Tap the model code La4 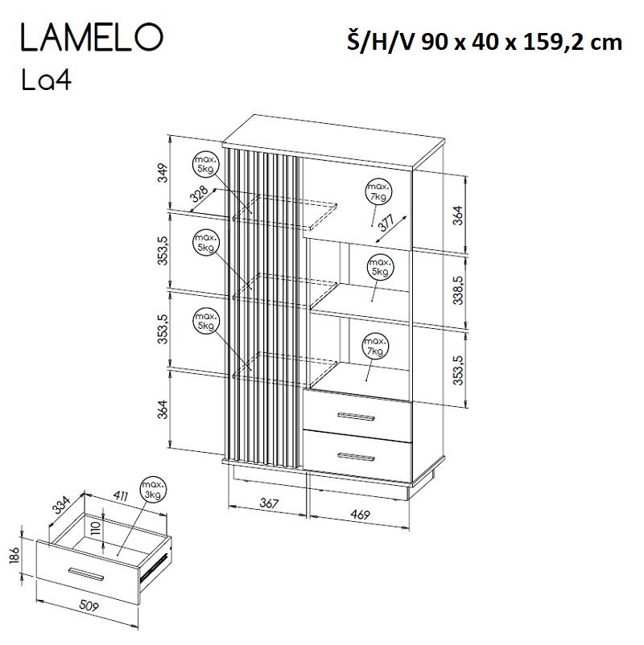tap(47, 81)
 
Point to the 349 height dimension tap(162, 173)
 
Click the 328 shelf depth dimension tap(199, 194)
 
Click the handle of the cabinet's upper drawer tap(358, 416)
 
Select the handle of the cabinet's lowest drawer tap(358, 456)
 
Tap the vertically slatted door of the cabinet tap(265, 306)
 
